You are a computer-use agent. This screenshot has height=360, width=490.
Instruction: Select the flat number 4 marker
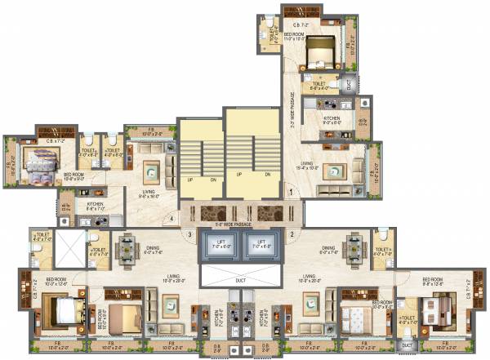click(x=171, y=219)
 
